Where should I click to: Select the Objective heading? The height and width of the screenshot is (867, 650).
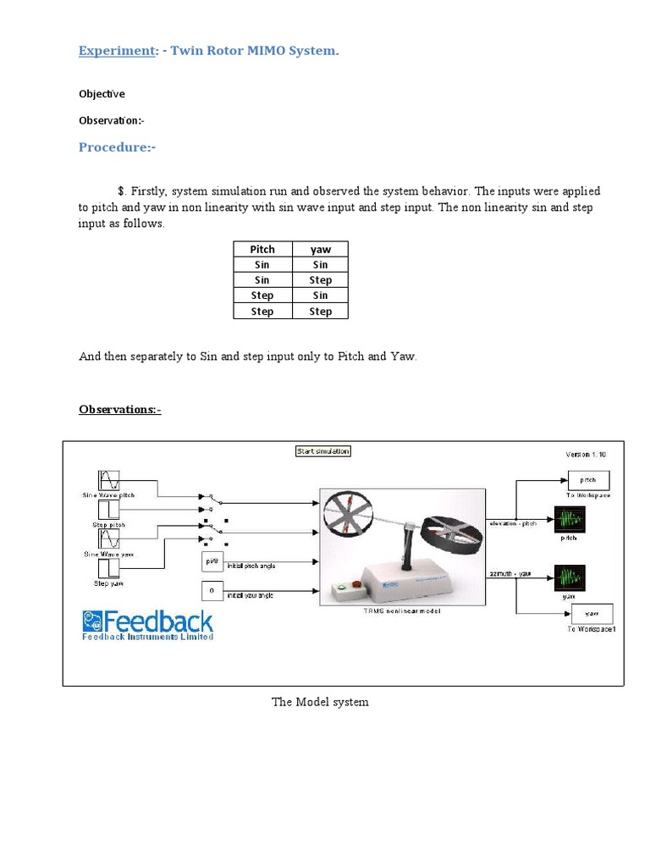pos(102,94)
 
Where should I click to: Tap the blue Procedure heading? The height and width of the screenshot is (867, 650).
pos(117,147)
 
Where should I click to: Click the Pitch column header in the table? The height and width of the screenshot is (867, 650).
pos(262,249)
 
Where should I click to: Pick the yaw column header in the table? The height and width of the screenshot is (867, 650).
pos(320,249)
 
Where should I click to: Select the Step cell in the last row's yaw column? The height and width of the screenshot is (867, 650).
pos(320,311)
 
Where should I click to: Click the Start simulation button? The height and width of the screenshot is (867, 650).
pos(322,451)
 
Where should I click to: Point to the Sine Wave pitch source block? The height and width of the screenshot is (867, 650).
pos(109,480)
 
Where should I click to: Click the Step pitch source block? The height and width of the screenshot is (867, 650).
pos(109,511)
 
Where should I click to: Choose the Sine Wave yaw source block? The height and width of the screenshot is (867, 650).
pos(109,539)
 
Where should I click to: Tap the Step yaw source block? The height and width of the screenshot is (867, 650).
pos(109,567)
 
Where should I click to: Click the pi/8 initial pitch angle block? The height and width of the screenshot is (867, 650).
pos(212,561)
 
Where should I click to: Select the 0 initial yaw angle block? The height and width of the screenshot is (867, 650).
pos(212,589)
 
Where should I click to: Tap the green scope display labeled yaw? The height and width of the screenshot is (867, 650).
pos(569,578)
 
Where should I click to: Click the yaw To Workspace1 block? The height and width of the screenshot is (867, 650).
pos(592,615)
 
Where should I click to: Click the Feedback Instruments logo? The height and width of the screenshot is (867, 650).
pos(147,625)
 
